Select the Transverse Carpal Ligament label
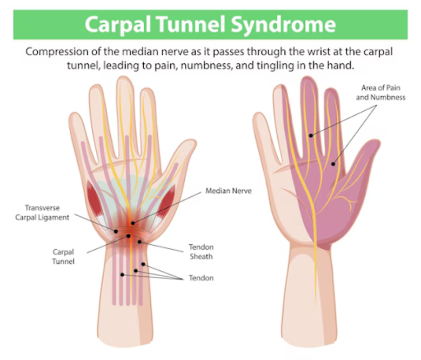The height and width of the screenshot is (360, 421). tap(47, 212)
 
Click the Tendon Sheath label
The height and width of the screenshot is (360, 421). tap(201, 251)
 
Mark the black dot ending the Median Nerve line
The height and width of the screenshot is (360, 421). tap(133, 223)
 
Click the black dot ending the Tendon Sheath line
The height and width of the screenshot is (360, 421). tap(139, 242)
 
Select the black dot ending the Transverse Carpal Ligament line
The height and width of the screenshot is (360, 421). tap(116, 231)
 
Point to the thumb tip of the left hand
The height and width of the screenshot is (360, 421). tap(188, 147)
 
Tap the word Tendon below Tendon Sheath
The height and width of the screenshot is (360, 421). tap(201, 278)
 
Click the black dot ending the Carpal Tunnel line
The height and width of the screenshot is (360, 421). tap(129, 236)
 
